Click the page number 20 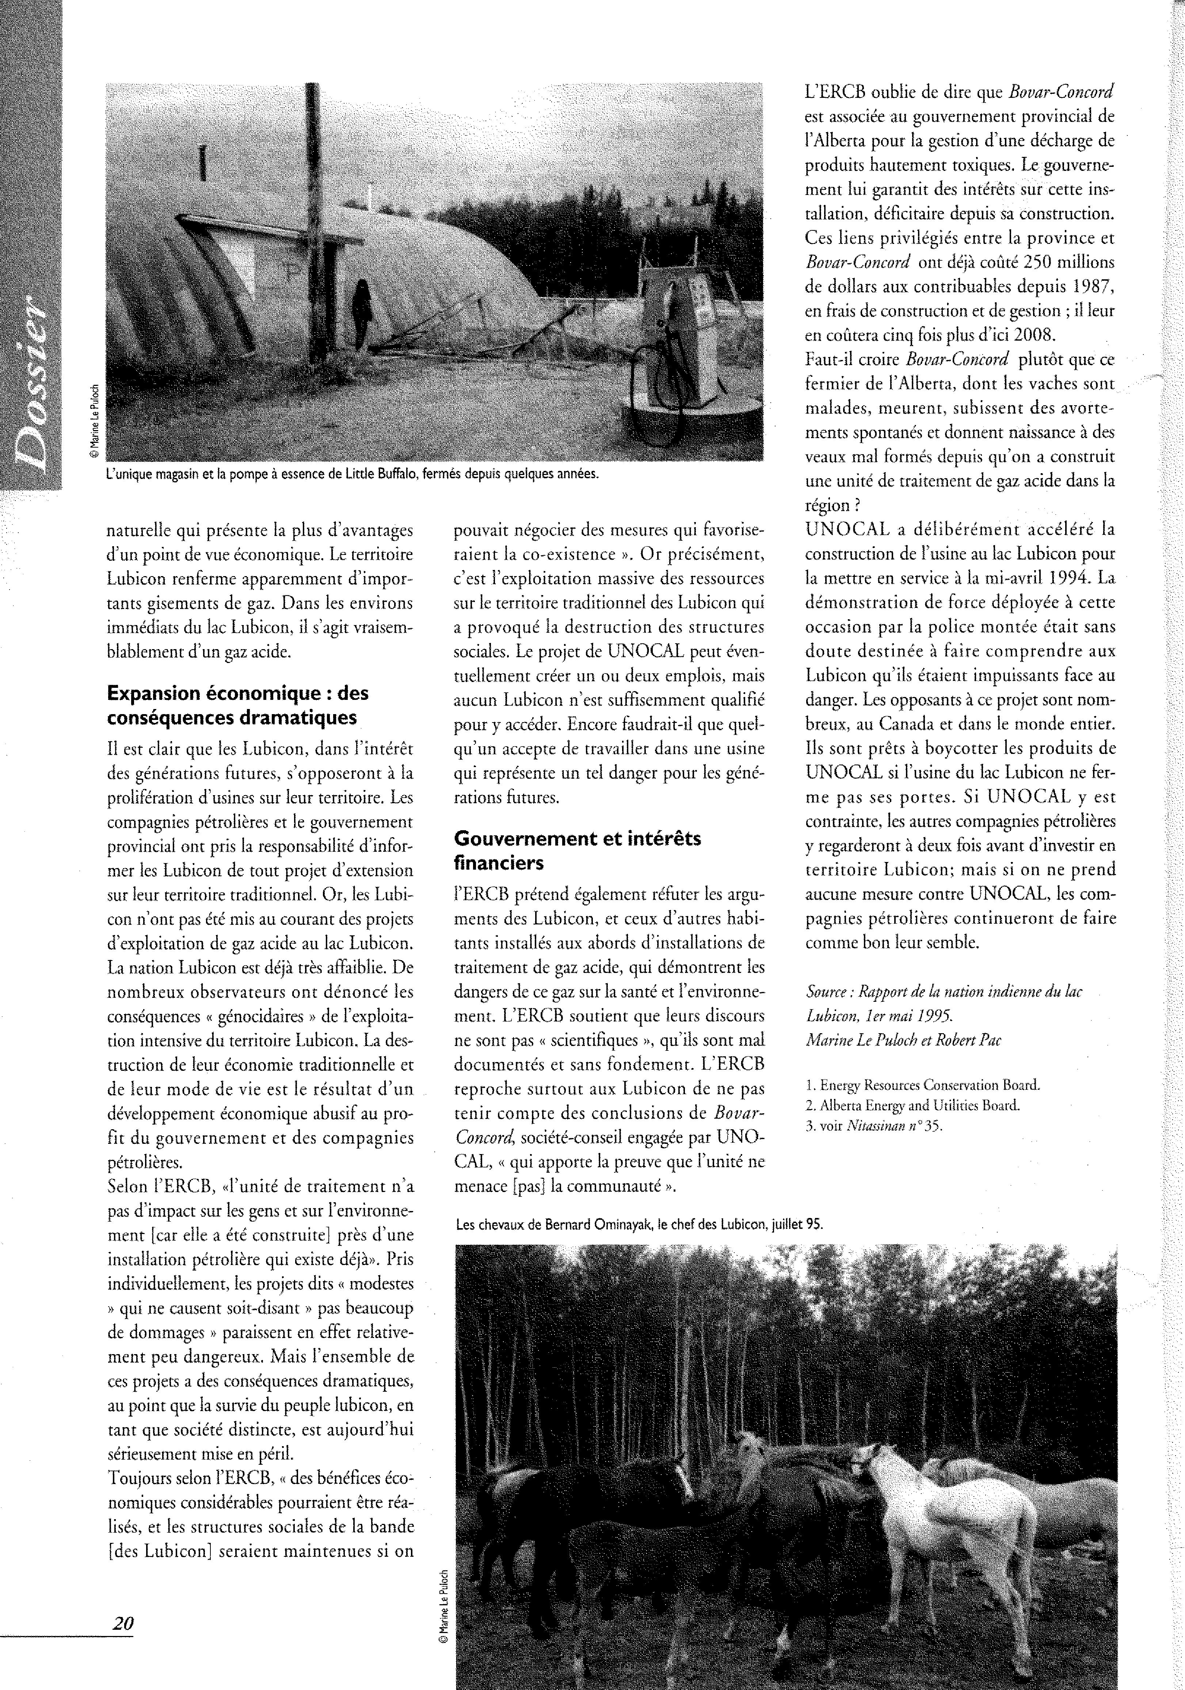tap(122, 1623)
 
